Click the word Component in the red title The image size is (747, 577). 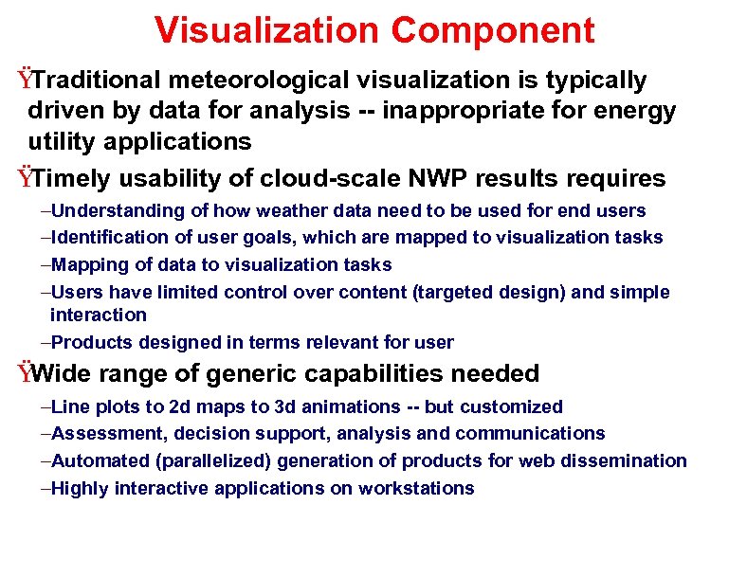coord(493,30)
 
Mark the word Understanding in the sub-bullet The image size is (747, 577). coord(117,210)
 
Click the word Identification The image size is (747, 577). coord(108,237)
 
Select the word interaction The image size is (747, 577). coord(99,315)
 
